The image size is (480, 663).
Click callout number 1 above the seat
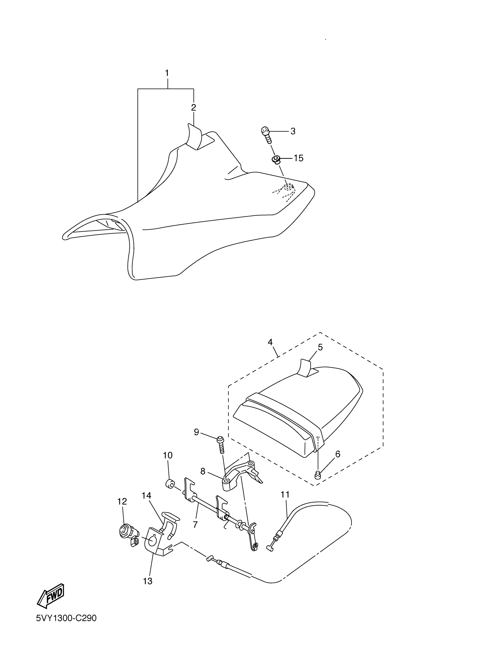(167, 73)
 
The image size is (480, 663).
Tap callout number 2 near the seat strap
(193, 108)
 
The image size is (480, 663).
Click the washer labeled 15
(275, 160)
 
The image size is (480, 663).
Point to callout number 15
(298, 158)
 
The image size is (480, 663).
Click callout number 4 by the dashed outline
(270, 342)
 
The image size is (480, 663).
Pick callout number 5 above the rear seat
(320, 347)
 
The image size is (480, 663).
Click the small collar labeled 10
(169, 484)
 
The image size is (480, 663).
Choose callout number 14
(146, 495)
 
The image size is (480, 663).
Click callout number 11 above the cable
(285, 495)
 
